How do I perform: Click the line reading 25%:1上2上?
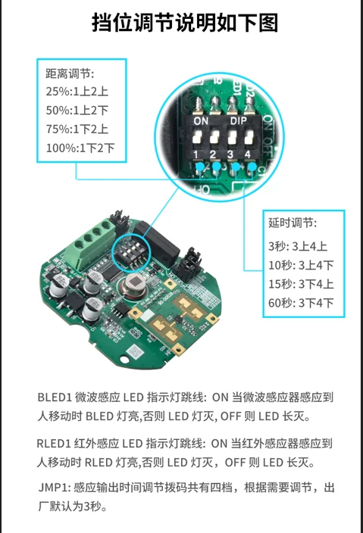pyautogui.click(x=77, y=92)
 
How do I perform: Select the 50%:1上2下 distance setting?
pyautogui.click(x=77, y=111)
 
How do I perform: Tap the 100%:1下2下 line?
pyautogui.click(x=80, y=148)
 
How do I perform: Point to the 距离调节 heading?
pyautogui.click(x=70, y=73)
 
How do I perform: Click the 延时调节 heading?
pyautogui.click(x=293, y=223)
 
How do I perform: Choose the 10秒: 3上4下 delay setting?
pyautogui.click(x=301, y=265)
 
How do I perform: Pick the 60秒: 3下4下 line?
pyautogui.click(x=301, y=303)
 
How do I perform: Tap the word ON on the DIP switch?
pyautogui.click(x=201, y=121)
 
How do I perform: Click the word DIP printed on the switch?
pyautogui.click(x=238, y=120)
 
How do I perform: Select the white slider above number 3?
pyautogui.click(x=232, y=136)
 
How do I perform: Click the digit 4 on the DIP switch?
pyautogui.click(x=247, y=154)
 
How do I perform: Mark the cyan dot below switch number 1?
pyautogui.click(x=200, y=167)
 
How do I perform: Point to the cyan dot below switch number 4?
pyautogui.click(x=252, y=167)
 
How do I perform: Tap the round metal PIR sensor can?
pyautogui.click(x=133, y=283)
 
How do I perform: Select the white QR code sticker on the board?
pyautogui.click(x=134, y=351)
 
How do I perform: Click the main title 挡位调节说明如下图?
pyautogui.click(x=185, y=23)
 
